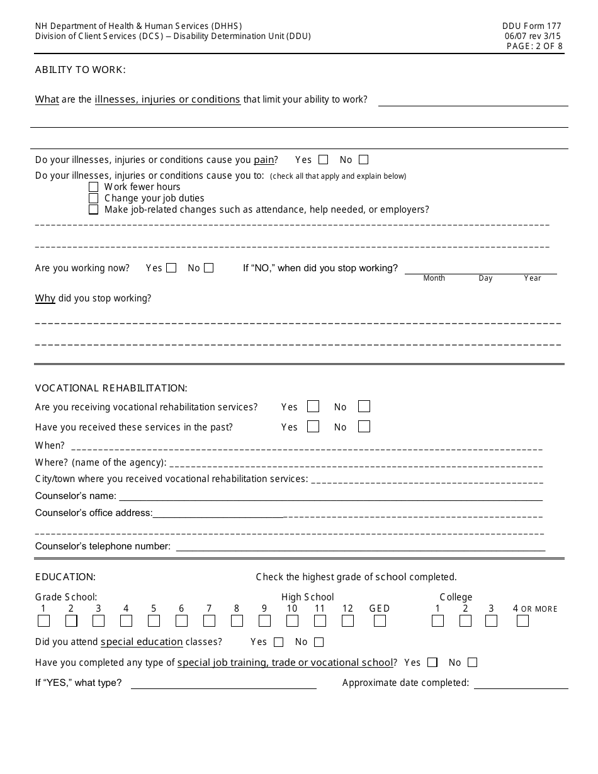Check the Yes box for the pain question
click(324, 160)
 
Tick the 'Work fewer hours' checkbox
click(94, 187)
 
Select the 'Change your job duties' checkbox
click(94, 198)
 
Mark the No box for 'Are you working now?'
click(209, 268)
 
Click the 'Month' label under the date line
click(434, 278)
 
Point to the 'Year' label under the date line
click(533, 278)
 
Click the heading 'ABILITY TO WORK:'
click(81, 70)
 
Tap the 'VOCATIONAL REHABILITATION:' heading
click(111, 388)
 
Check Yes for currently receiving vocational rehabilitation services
click(313, 407)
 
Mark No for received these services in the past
click(364, 427)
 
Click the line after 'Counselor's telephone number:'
click(360, 547)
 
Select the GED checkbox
click(380, 621)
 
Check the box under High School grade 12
click(348, 621)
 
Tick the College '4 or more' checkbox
click(522, 621)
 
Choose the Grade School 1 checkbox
click(44, 621)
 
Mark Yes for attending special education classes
click(279, 642)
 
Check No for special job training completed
click(472, 663)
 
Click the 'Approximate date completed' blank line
click(521, 685)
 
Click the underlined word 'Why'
click(45, 298)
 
